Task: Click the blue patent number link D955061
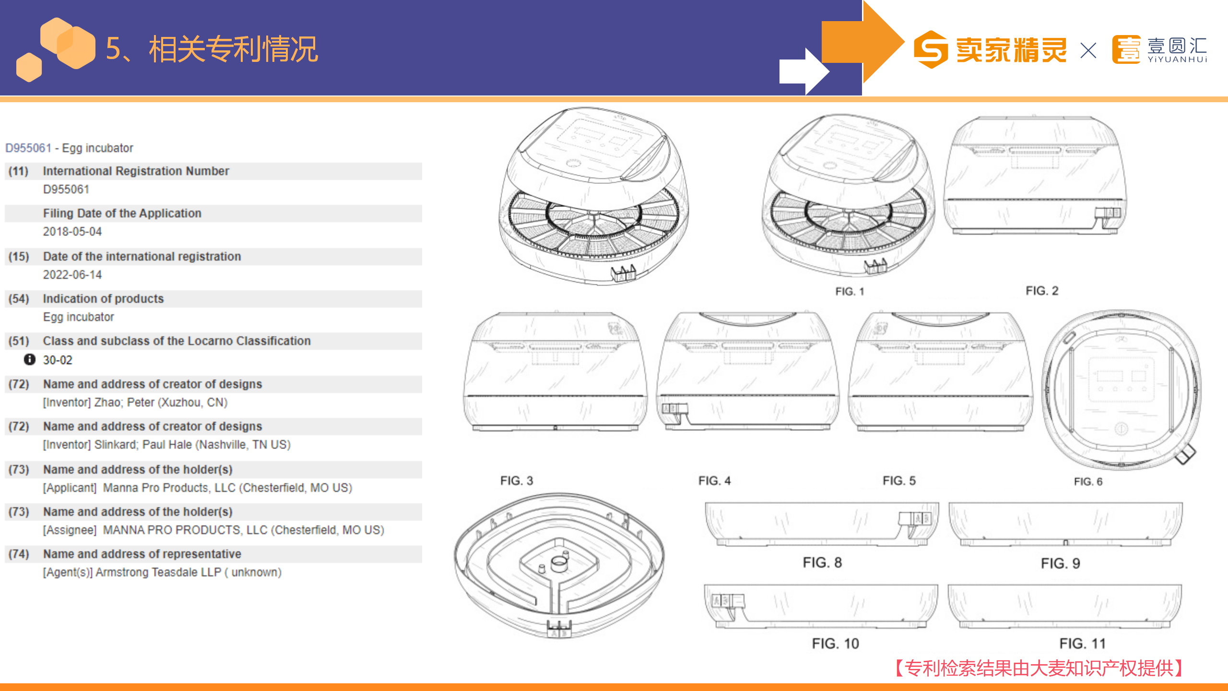(28, 148)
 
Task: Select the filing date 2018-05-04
(72, 231)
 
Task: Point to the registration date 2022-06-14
(72, 274)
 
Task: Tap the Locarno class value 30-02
(58, 360)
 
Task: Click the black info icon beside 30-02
(30, 359)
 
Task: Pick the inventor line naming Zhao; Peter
(135, 402)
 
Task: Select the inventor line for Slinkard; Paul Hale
(167, 444)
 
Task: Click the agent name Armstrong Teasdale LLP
(158, 572)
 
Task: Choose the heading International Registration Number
(136, 171)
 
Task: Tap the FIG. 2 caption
(1042, 290)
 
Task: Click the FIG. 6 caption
(1088, 481)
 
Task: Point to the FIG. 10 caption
(835, 643)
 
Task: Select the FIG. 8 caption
(822, 562)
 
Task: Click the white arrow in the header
(803, 71)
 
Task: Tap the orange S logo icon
(931, 49)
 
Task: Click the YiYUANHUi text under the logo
(1177, 60)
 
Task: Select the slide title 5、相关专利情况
(212, 49)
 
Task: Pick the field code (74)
(19, 554)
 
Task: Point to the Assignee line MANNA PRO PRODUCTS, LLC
(213, 530)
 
